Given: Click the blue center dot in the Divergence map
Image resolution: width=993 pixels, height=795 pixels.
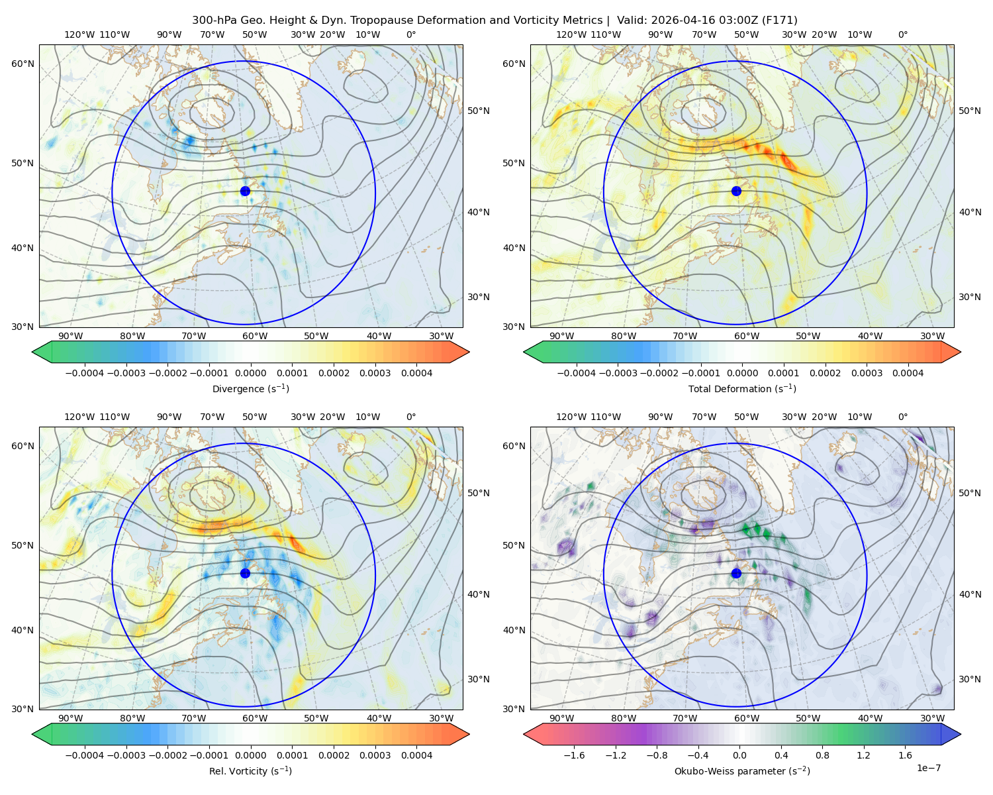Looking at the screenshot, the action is point(245,191).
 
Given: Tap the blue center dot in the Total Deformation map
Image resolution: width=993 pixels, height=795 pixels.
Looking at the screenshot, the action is point(736,191).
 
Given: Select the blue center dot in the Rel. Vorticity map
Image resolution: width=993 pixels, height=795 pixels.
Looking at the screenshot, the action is point(245,573).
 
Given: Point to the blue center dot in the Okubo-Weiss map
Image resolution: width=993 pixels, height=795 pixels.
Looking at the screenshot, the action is point(736,573).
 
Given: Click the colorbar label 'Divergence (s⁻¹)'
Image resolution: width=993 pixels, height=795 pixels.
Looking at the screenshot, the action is point(250,388).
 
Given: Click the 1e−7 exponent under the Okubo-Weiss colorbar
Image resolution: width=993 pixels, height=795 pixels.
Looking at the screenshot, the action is point(928,768).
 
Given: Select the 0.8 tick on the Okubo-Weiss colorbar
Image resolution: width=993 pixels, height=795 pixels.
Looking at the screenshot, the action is point(822,755).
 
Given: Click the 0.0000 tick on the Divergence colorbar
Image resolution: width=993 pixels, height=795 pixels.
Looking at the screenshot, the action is point(250,373).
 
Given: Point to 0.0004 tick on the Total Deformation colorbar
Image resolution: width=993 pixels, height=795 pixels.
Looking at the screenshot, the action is point(908,373).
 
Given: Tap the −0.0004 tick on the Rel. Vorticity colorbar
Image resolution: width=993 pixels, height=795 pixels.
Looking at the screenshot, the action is point(85,755).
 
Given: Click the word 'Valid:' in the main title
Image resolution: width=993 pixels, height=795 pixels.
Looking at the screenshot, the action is point(632,21).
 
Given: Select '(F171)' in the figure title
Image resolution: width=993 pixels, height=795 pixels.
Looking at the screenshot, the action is point(780,21).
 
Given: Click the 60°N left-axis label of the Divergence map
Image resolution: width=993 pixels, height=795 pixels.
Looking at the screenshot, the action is point(23,64).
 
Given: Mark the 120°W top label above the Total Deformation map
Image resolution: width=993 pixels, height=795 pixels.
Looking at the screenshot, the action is point(571,34).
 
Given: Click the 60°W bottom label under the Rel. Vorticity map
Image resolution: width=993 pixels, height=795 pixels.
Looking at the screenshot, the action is point(255,718).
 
